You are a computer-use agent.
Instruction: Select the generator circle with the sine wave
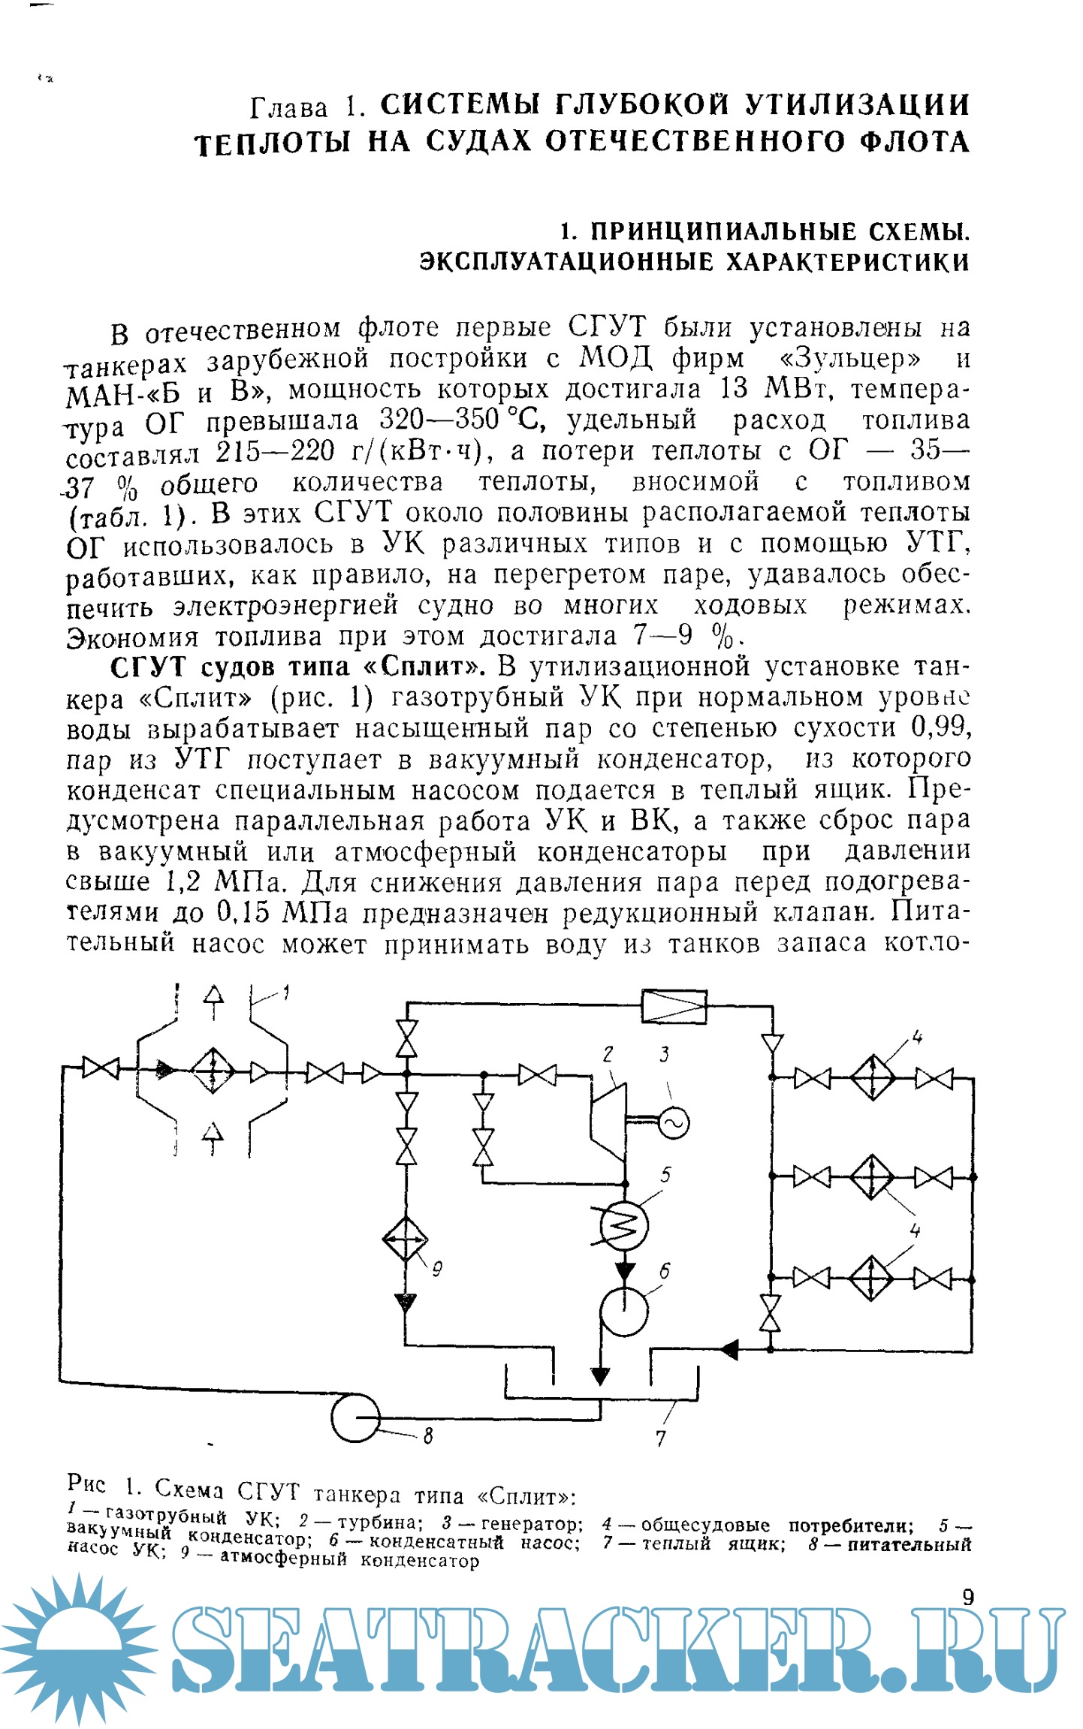coord(673,1122)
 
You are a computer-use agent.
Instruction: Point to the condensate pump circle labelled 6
coord(623,1311)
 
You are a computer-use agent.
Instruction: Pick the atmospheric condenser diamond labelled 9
coord(405,1239)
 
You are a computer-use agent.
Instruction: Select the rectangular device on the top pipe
coord(674,1006)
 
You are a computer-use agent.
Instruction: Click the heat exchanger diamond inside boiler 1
coord(213,1070)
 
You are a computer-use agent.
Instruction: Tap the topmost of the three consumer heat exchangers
coord(872,1078)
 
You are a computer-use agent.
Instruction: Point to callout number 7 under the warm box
coord(660,1438)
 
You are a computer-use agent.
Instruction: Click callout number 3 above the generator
coord(664,1055)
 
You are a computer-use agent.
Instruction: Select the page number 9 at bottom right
coord(968,1597)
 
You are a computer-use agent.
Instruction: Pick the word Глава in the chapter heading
coord(289,108)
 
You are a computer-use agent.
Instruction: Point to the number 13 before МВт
coord(735,389)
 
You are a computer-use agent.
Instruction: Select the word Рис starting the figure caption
coord(86,1483)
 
